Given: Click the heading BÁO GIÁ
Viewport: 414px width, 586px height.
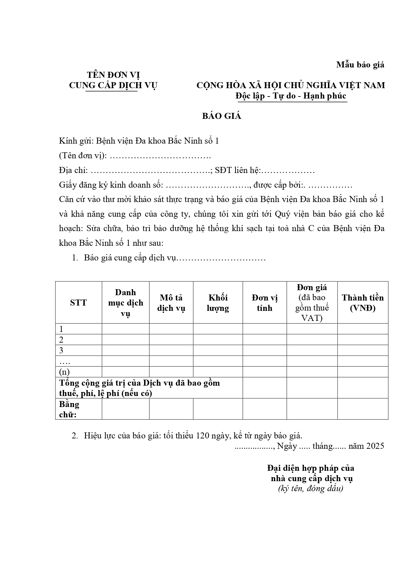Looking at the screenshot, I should point(222,116).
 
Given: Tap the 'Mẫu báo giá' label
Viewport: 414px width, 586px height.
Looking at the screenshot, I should point(360,65).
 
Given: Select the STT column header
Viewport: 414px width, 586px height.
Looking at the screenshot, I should point(78,303).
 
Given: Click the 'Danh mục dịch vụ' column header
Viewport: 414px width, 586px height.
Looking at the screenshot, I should point(125,303).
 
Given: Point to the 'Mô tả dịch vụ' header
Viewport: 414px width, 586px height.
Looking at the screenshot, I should point(171,303).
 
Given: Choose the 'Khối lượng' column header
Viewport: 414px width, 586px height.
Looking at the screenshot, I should point(218,303).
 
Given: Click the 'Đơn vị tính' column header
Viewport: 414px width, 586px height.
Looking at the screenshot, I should point(265,303).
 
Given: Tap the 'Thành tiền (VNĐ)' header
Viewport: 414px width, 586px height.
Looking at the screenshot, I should point(363,303).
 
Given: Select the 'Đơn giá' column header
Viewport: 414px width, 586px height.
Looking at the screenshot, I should point(312,287).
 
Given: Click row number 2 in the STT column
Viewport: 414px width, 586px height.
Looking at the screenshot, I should point(61,340).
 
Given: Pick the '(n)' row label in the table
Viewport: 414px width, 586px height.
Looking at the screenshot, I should point(64,372).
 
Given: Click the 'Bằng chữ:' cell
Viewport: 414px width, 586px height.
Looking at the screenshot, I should point(69,409).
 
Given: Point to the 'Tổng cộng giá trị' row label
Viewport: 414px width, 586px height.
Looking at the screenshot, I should point(139,388).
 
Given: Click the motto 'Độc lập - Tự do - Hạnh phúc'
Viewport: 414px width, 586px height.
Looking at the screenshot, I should point(291,96).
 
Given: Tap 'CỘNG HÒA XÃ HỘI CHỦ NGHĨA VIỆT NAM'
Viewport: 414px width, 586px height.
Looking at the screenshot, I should point(291,85).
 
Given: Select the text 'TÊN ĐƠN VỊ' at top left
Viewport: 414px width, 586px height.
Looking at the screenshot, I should point(113,75).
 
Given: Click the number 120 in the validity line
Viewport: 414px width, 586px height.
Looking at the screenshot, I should point(202,435).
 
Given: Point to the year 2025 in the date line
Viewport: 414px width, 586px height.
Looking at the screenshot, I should point(375,446).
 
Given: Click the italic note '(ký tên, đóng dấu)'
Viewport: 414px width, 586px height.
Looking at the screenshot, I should point(311,489).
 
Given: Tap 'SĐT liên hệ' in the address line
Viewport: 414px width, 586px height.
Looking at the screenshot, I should point(237,170).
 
